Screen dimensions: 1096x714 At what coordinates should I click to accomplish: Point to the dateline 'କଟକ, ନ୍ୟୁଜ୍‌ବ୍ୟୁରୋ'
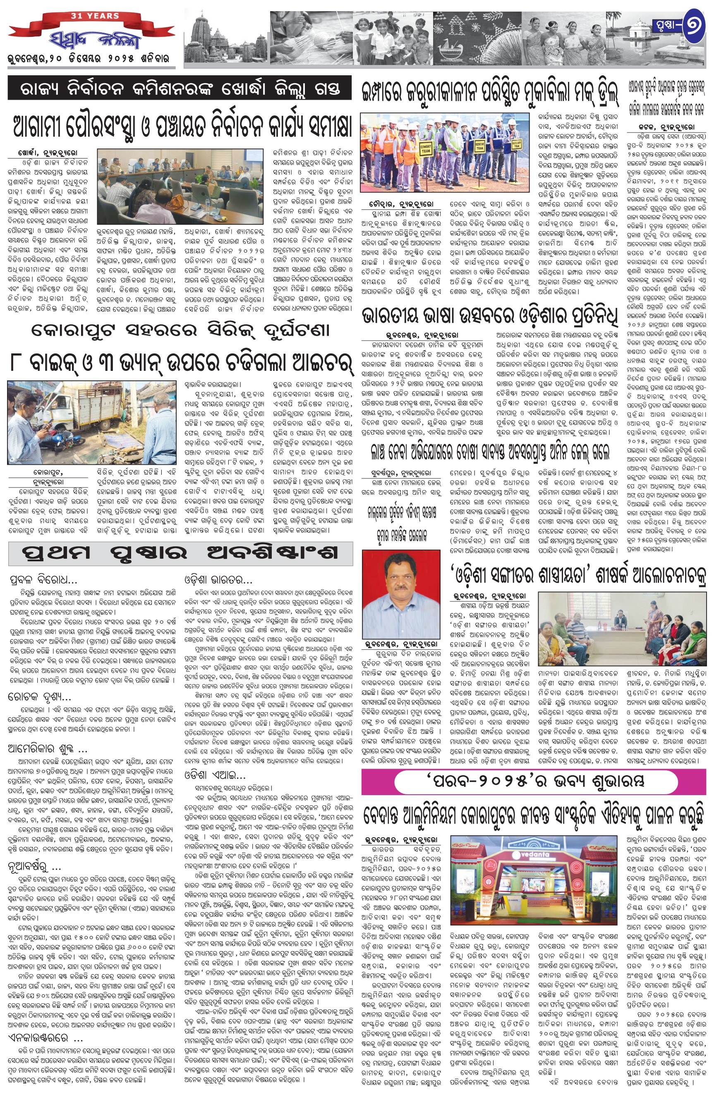point(666,127)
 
